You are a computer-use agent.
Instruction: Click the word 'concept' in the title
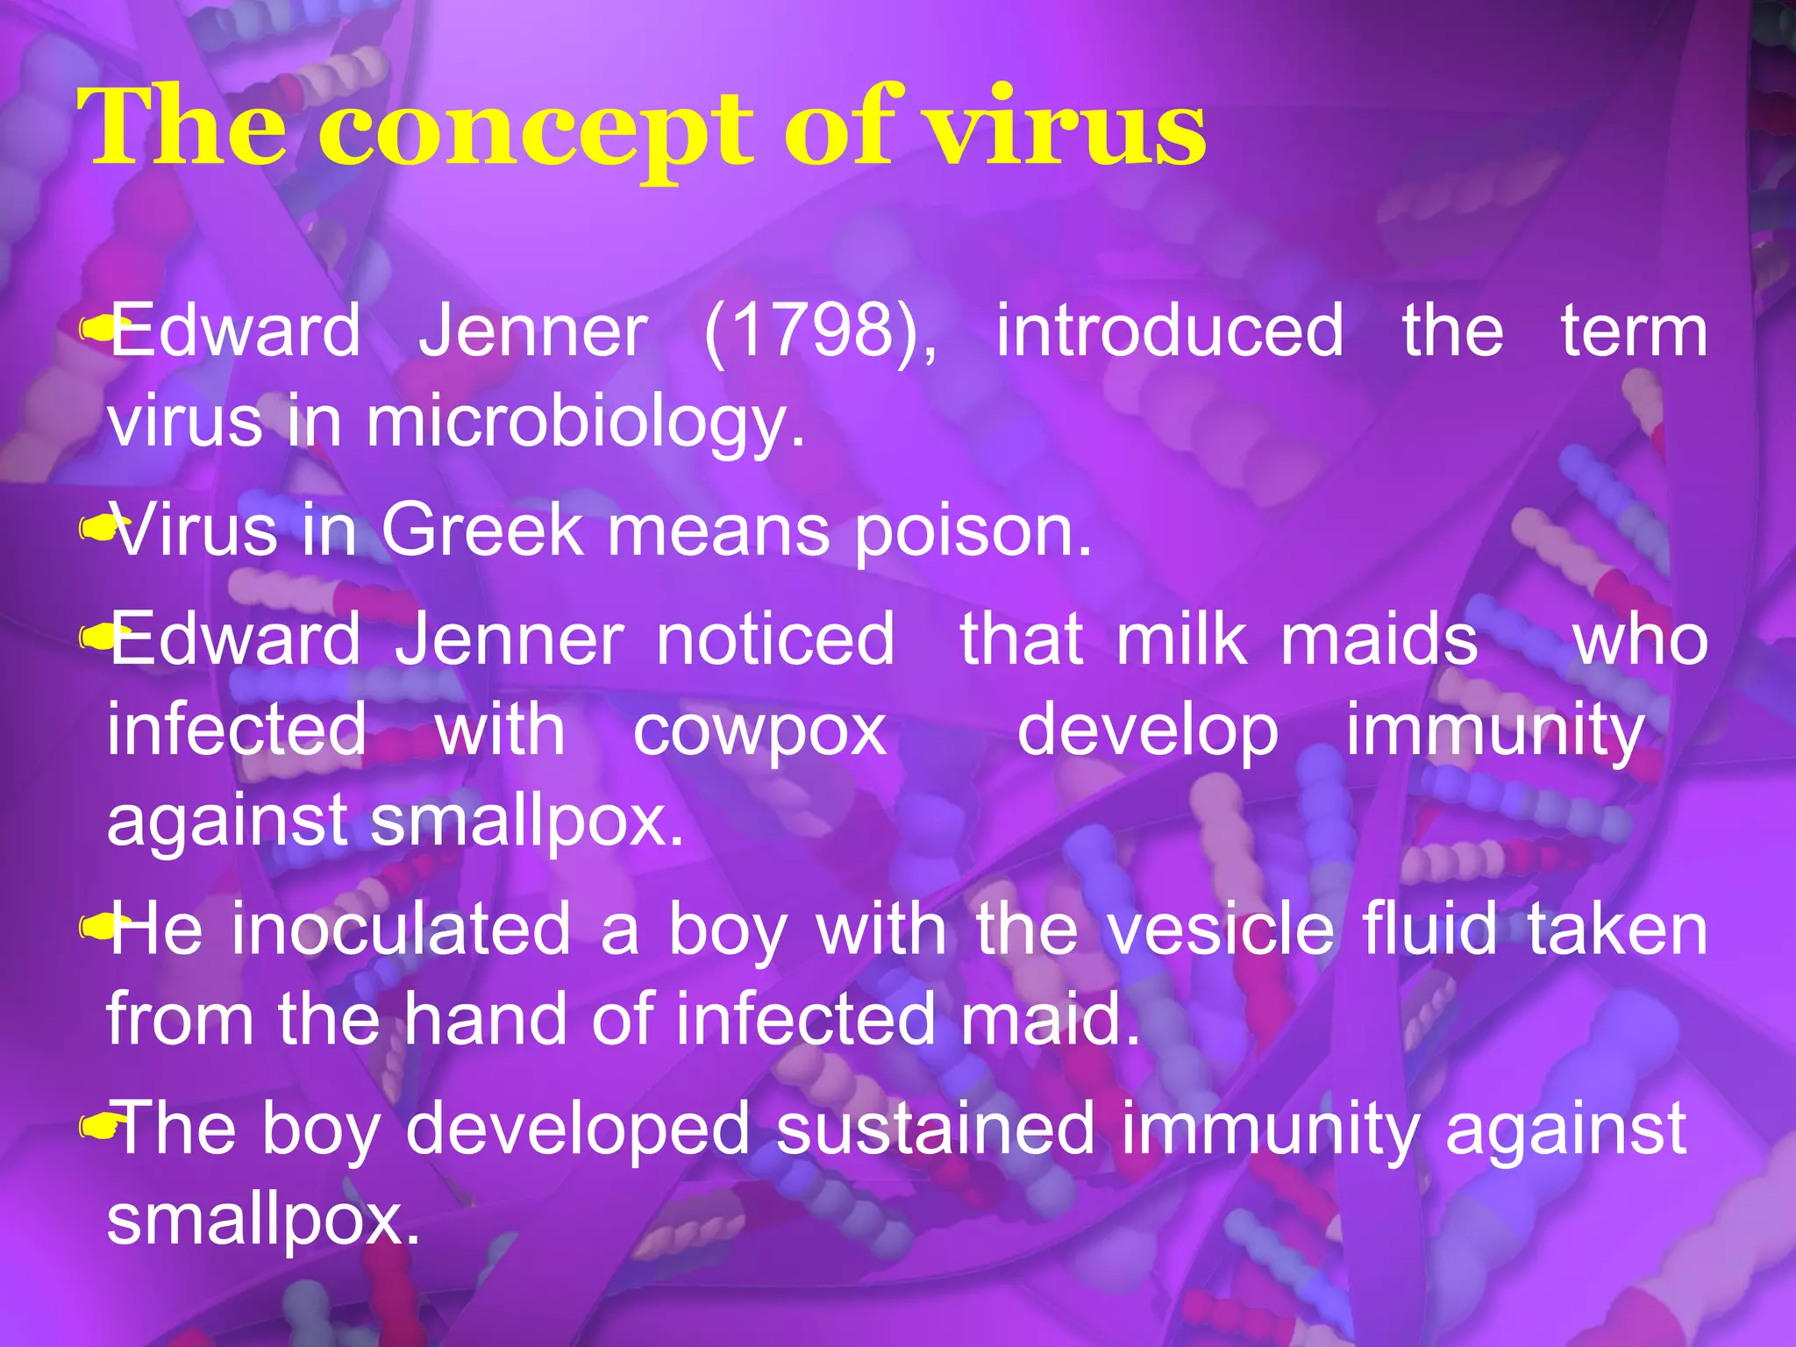coord(535,132)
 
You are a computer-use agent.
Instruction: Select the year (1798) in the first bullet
coord(821,331)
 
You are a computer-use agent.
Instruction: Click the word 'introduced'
coord(1170,331)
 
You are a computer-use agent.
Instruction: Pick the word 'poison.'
coord(973,532)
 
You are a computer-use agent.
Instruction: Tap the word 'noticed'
coord(775,639)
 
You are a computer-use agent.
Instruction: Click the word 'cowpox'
coord(759,731)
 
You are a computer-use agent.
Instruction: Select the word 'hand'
coord(485,1019)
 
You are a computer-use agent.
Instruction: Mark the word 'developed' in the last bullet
coord(577,1130)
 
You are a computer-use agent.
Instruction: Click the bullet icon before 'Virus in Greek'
coord(95,529)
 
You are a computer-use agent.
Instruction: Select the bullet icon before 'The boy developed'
coord(95,1126)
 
